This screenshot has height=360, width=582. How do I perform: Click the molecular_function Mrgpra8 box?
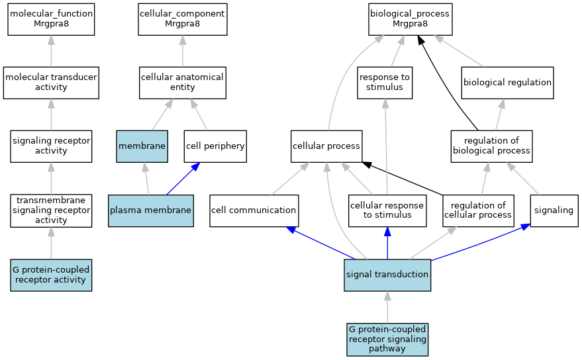click(51, 20)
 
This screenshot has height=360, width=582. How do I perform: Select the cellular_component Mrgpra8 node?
click(183, 20)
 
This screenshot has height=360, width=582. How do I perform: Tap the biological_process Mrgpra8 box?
click(410, 20)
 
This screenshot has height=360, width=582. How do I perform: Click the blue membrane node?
click(142, 146)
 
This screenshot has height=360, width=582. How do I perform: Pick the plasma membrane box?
click(151, 210)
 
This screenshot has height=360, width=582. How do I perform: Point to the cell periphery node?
click(215, 146)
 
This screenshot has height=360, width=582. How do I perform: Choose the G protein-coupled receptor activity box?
click(51, 275)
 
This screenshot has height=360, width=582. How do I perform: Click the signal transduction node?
click(387, 275)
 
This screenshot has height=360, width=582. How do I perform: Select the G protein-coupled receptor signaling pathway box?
click(387, 339)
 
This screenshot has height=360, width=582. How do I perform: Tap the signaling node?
click(554, 210)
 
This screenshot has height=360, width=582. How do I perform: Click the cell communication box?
click(254, 210)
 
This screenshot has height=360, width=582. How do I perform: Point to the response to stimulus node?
click(385, 83)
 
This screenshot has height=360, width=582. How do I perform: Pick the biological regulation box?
click(507, 83)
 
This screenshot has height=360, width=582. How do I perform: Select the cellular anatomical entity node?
click(183, 83)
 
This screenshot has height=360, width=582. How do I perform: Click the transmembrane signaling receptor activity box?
click(51, 210)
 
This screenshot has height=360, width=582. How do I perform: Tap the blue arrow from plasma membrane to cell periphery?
click(183, 179)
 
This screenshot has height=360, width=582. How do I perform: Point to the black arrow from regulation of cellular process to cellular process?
click(403, 178)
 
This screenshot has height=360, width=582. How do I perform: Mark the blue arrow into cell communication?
click(321, 243)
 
